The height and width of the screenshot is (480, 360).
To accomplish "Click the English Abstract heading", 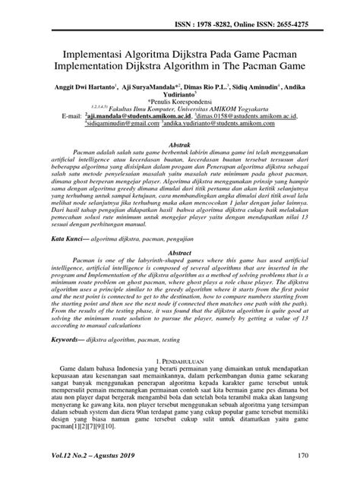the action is (x=180, y=254).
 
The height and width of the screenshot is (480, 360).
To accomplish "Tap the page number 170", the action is (x=302, y=456).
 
